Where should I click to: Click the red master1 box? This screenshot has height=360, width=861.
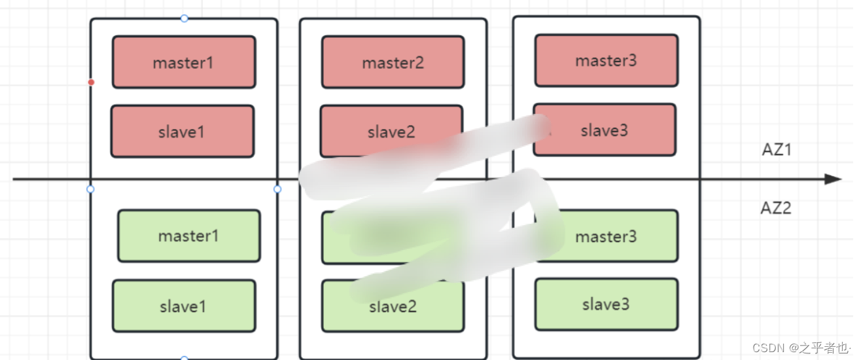(183, 62)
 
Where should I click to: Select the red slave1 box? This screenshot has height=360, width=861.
(182, 132)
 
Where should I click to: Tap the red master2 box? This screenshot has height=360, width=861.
(393, 62)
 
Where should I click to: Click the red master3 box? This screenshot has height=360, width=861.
(606, 60)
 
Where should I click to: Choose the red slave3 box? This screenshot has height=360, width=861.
(605, 130)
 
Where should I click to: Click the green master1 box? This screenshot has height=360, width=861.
(188, 236)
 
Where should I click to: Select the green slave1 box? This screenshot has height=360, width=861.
(183, 306)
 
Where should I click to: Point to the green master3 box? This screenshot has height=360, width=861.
(606, 236)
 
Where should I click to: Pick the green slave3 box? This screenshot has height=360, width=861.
(606, 304)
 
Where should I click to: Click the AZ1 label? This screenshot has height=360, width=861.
(777, 150)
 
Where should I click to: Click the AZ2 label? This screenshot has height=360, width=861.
(776, 208)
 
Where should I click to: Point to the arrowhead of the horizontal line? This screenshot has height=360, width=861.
(834, 179)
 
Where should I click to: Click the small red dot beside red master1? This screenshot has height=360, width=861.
(91, 82)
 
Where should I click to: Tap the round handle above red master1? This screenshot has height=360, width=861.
(184, 18)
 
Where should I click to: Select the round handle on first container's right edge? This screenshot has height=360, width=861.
(277, 189)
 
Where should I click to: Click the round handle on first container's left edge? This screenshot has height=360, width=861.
(90, 189)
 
